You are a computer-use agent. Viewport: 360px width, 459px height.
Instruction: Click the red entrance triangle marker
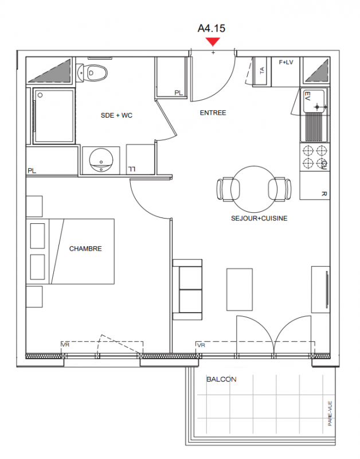coord(213,41)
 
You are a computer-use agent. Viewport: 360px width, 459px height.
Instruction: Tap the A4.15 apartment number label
coord(212,28)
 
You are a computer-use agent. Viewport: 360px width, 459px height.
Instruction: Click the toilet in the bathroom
coord(92,73)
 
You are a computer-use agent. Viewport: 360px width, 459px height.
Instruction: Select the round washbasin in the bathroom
coord(101,160)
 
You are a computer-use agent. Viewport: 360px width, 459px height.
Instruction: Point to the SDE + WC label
coord(116,115)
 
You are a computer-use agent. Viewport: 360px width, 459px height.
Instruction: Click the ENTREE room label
coord(213,112)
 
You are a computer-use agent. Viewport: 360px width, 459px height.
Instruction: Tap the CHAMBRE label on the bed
coord(85,248)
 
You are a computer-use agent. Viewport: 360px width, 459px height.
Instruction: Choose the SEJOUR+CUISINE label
coord(259,219)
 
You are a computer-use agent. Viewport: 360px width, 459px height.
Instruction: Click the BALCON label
coord(221,379)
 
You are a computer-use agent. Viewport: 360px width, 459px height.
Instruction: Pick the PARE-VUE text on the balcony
coord(330,413)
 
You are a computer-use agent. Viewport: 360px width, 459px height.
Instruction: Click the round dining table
coord(254,189)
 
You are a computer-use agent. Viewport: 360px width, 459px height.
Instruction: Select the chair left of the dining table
coord(228,189)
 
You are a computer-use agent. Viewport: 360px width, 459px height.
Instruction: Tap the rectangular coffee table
coord(240,289)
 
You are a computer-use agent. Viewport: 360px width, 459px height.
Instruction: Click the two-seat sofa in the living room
coord(187,290)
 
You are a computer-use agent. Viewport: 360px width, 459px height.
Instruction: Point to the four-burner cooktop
coord(315,157)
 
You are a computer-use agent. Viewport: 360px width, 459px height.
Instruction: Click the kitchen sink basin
coord(314,102)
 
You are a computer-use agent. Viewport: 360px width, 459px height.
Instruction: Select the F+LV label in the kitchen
coord(286,63)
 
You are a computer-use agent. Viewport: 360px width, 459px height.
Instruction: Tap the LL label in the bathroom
coord(132,169)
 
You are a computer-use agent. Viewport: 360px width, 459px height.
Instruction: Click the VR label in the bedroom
coord(65,345)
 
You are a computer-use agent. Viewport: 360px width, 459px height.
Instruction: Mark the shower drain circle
coord(40,95)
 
